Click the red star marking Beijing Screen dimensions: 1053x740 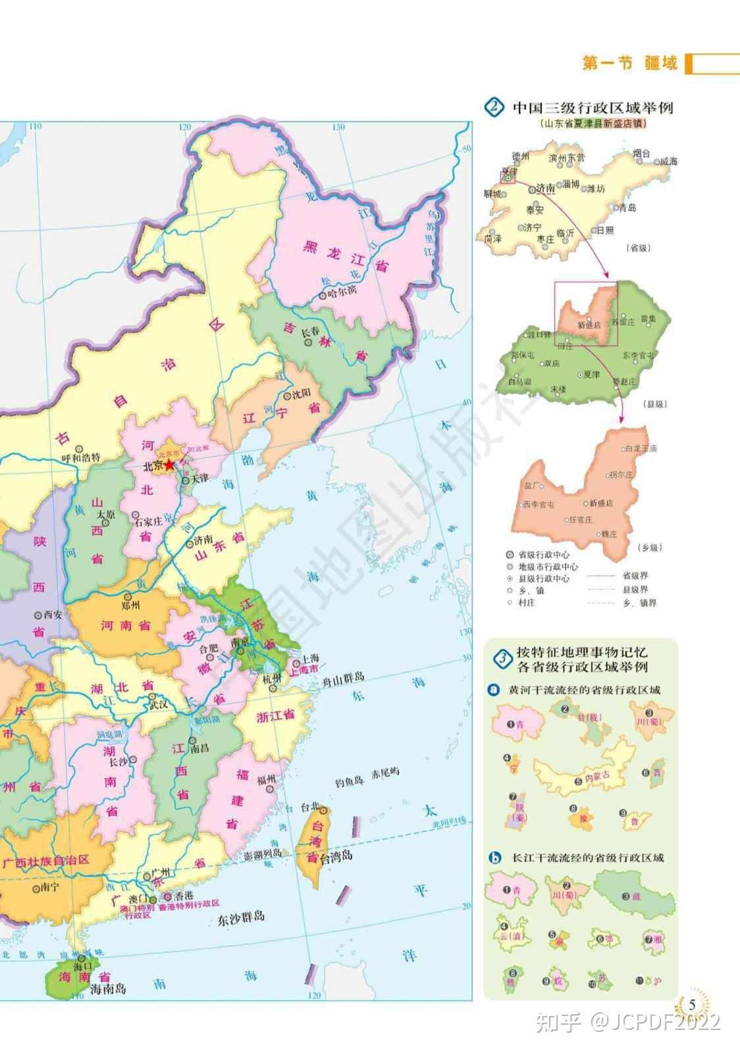[169, 465]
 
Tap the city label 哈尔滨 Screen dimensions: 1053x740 [342, 290]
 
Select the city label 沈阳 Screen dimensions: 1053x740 [301, 395]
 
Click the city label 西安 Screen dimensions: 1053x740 [53, 615]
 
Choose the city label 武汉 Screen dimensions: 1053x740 [158, 704]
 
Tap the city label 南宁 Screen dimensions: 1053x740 [49, 886]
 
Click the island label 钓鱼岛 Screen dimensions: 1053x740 [349, 781]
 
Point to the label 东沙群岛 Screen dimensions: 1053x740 [241, 916]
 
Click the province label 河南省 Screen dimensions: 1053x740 [125, 625]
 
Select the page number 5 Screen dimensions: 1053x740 [692, 1004]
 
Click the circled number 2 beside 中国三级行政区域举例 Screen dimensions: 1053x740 [493, 107]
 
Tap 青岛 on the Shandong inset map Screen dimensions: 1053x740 [627, 208]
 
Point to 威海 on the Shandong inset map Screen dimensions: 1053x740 [668, 161]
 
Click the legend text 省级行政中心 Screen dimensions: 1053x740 [544, 554]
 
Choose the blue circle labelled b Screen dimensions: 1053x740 [495, 858]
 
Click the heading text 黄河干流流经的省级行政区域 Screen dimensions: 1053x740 [585, 690]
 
